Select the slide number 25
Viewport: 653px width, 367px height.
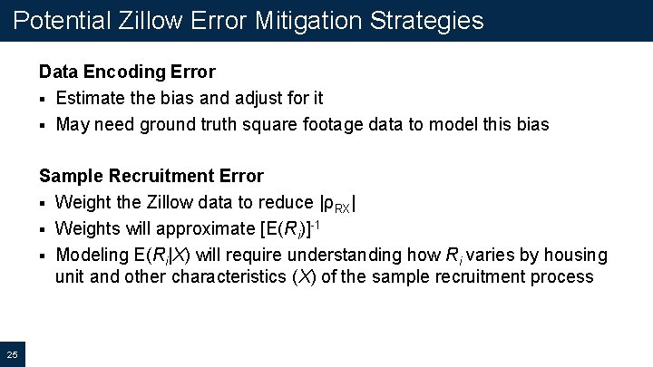tap(13, 353)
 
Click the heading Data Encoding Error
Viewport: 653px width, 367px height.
tap(127, 72)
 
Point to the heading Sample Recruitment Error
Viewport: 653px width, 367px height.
tap(151, 176)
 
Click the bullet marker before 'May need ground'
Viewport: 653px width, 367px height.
tap(43, 125)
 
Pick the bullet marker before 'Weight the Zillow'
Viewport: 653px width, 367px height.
tap(43, 203)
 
